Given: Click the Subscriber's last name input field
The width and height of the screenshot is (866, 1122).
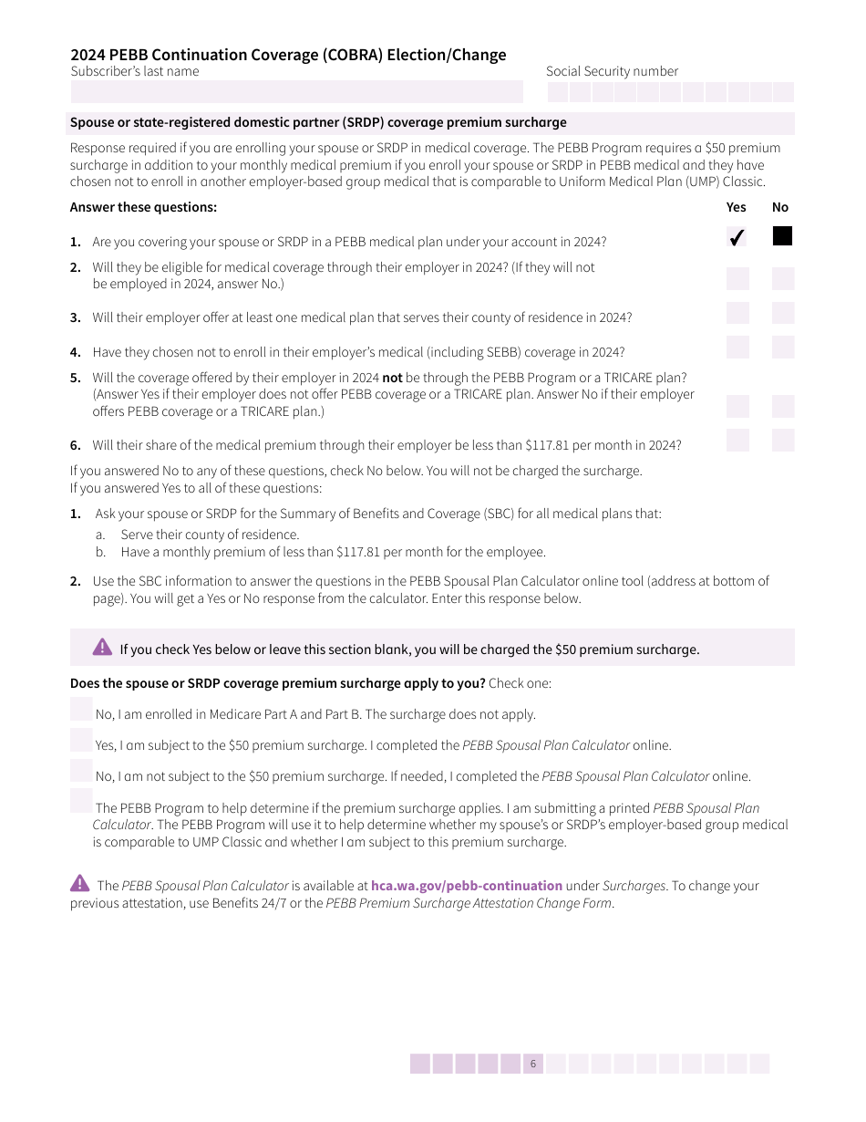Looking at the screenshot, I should pos(296,91).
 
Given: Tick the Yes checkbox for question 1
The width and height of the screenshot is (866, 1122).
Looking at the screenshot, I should pos(737,237).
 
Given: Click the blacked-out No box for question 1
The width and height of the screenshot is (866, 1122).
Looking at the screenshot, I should pos(782,236).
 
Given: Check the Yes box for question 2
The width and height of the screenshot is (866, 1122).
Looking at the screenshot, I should pos(737,278).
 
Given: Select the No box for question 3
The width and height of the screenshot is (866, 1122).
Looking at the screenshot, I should pos(783,313).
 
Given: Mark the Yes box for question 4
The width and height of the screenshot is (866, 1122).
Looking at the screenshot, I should pos(737,347).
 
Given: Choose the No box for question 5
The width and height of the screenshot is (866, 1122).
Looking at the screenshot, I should pos(783,406).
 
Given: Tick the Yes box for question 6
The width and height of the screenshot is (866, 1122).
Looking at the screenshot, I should pos(737,441).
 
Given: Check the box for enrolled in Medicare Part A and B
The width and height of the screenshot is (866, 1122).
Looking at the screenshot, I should pos(81,709).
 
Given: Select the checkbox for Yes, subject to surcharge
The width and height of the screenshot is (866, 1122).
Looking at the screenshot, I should pos(81,740).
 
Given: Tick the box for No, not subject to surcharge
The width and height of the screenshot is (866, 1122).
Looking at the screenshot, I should pos(81,771).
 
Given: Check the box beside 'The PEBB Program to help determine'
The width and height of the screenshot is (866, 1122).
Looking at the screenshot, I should pos(81,801).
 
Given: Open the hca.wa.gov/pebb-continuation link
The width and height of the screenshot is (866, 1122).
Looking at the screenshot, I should pos(466,886).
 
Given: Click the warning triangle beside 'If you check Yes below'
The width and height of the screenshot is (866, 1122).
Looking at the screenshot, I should pos(102,647).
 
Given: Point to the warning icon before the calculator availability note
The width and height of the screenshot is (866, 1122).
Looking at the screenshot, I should pos(80,883).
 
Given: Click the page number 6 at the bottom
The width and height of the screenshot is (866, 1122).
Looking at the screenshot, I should pos(533,1064).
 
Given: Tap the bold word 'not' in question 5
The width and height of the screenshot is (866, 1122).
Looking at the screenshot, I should pos(392,378).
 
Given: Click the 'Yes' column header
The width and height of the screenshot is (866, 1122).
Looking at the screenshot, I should pos(736,207).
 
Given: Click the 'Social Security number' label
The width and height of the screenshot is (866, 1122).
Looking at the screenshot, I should pos(612,71).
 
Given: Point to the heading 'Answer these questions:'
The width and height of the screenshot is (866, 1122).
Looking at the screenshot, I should pos(143,207).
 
